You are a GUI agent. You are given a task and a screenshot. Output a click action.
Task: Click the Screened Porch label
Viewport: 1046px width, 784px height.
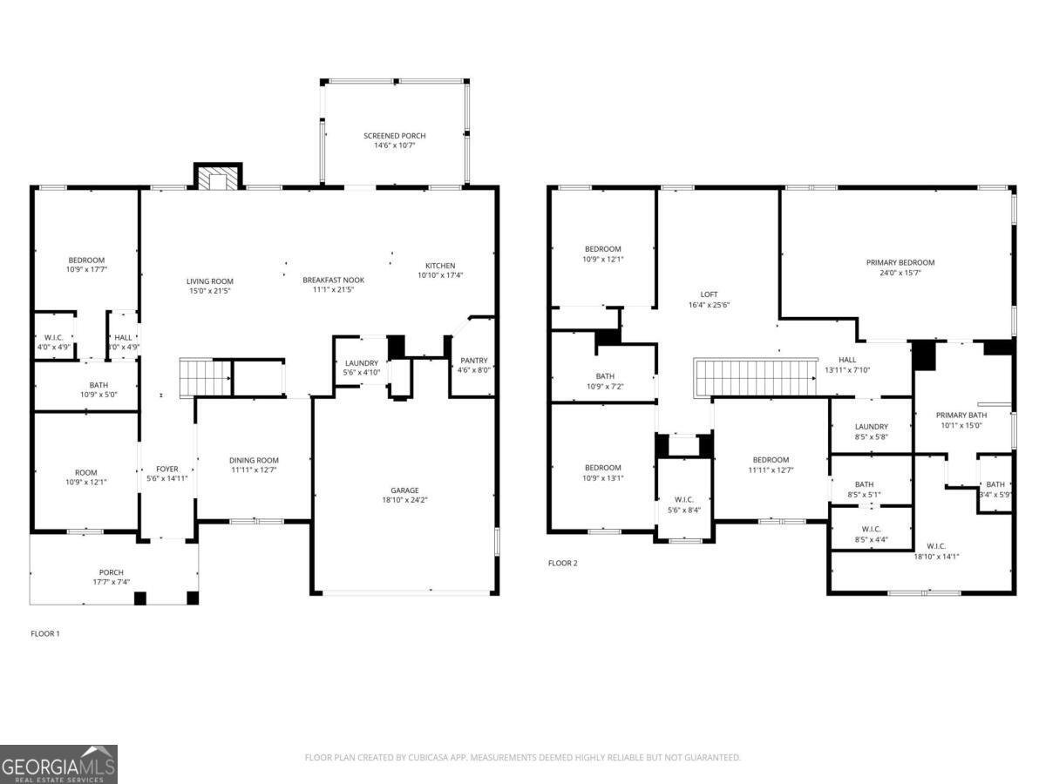(394, 136)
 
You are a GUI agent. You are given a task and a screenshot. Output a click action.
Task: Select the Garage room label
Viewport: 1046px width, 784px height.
(404, 490)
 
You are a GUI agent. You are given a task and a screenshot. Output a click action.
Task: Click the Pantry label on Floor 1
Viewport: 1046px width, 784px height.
(474, 361)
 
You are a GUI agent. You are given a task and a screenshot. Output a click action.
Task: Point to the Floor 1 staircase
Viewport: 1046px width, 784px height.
(204, 377)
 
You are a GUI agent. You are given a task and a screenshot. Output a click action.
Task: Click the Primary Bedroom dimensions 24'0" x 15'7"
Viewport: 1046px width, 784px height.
(900, 273)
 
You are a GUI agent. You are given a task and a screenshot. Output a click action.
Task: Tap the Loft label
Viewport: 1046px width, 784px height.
(709, 294)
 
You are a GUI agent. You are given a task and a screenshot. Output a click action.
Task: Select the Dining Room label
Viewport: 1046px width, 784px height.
(254, 461)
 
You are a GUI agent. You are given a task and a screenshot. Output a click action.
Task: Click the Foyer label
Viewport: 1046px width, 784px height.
(166, 469)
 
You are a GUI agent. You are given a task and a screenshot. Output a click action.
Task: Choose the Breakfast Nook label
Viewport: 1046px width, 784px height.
(333, 280)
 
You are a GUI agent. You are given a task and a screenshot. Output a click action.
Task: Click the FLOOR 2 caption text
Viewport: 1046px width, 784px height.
(562, 563)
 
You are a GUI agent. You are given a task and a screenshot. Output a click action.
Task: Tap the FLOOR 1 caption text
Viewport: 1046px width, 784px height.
(45, 633)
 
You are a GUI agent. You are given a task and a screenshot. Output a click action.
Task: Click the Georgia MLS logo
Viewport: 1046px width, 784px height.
(58, 764)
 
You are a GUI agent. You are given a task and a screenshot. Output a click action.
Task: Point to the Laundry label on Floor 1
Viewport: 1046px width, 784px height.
(362, 363)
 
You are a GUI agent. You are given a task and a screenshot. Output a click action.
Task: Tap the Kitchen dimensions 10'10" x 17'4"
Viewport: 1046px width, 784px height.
(439, 275)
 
